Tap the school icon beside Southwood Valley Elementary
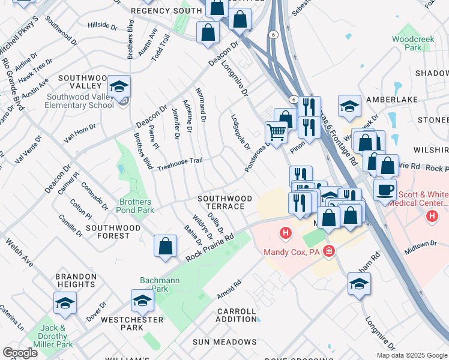(x=119, y=88)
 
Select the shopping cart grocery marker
(x=276, y=132)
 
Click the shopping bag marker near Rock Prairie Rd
(x=165, y=246)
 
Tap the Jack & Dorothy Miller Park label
(x=56, y=336)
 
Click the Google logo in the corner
(x=20, y=353)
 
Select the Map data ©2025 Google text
(x=412, y=355)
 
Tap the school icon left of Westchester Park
(x=142, y=302)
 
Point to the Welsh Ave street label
(x=19, y=253)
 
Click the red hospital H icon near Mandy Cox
(x=285, y=232)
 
